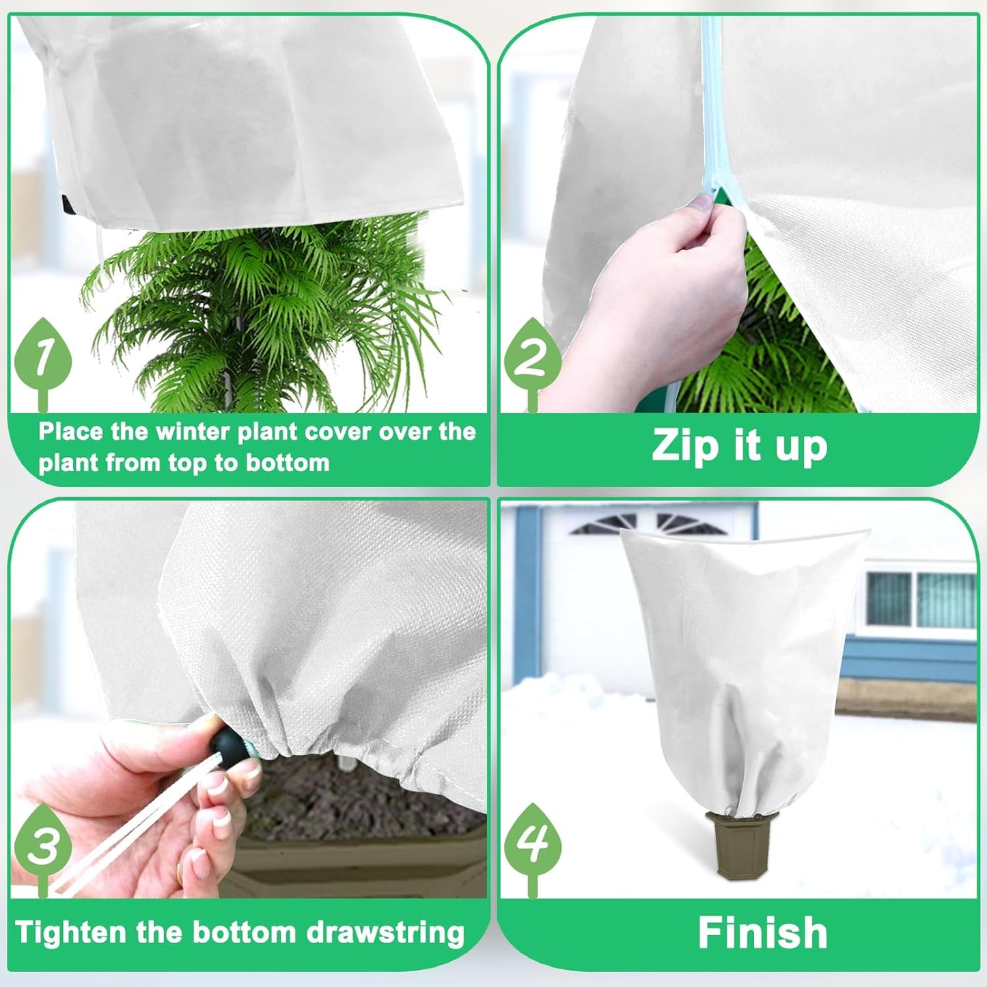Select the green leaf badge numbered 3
[43, 844]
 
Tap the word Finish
[762, 933]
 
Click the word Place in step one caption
[71, 432]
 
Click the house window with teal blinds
[921, 599]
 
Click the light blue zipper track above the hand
[711, 102]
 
